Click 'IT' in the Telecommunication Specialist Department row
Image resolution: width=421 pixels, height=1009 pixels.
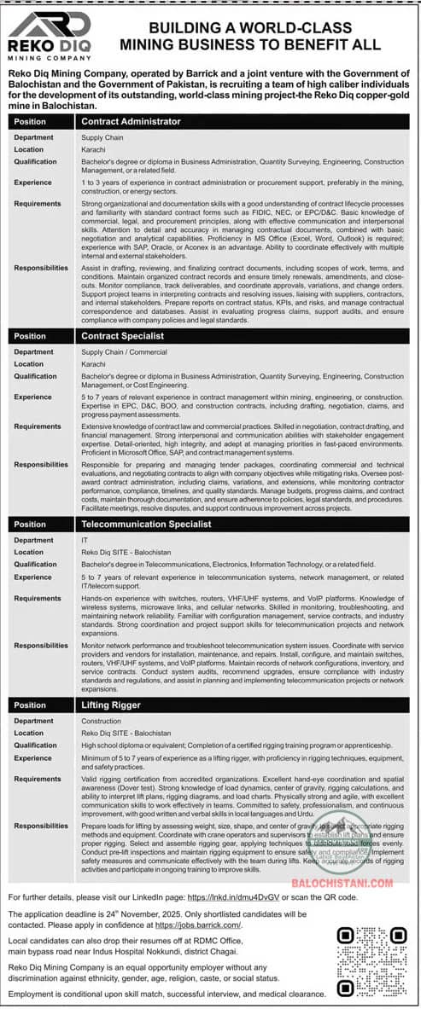(x=85, y=540)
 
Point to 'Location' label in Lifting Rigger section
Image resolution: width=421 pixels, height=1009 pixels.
(x=28, y=734)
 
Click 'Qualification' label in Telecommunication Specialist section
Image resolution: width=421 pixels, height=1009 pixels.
(x=35, y=564)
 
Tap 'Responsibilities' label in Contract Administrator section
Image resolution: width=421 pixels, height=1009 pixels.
(x=41, y=268)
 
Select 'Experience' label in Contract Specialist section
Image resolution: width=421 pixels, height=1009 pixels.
(x=32, y=397)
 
